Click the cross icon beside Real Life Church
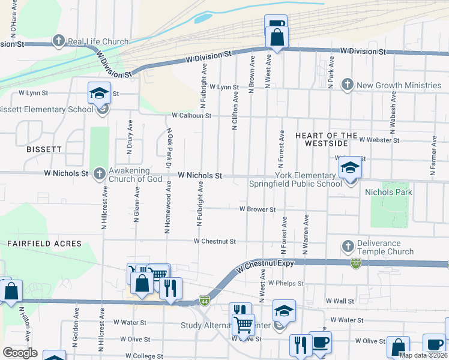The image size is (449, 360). (x=58, y=41)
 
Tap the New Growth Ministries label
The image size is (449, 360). (x=399, y=85)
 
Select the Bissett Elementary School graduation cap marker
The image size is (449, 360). (x=100, y=94)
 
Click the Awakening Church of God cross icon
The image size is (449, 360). (x=100, y=173)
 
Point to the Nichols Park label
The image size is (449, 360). (x=388, y=192)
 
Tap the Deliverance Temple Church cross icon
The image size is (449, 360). (x=348, y=247)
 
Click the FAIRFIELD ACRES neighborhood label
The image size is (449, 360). (x=44, y=244)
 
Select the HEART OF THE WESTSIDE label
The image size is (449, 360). (x=327, y=140)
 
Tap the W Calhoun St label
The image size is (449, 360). (x=191, y=115)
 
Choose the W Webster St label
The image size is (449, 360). (x=379, y=140)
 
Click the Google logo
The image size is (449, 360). (x=20, y=352)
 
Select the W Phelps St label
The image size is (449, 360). (x=286, y=283)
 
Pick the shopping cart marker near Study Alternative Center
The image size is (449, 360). (x=243, y=325)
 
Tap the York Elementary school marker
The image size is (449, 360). (x=349, y=167)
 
